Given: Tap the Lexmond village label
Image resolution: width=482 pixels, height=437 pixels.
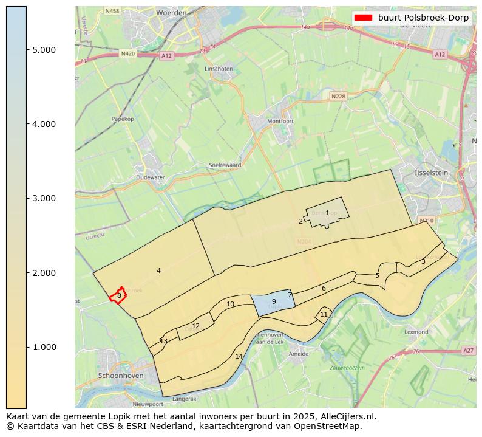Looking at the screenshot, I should tap(416, 332).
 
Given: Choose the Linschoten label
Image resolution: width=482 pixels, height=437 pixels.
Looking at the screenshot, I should tap(219, 69).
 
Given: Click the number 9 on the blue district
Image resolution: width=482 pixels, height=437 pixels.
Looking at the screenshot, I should tap(274, 301).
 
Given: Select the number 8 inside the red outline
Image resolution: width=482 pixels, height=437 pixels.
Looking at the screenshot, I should tap(119, 295).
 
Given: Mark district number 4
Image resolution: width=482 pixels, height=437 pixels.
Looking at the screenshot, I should tap(158, 270).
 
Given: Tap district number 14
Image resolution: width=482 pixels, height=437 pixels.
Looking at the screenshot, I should tap(239, 356).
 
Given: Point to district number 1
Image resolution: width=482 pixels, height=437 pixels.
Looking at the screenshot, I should tap(327, 213).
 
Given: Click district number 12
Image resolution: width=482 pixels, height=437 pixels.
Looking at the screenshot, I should tap(195, 326).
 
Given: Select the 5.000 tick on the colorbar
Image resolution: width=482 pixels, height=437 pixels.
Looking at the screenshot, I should tap(44, 50).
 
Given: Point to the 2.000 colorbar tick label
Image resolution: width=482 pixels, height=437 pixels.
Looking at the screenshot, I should tap(44, 273).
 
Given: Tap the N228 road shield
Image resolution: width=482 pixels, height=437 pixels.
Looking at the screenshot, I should tap(338, 96).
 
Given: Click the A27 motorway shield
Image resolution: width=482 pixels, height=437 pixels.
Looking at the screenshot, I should tap(467, 350).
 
